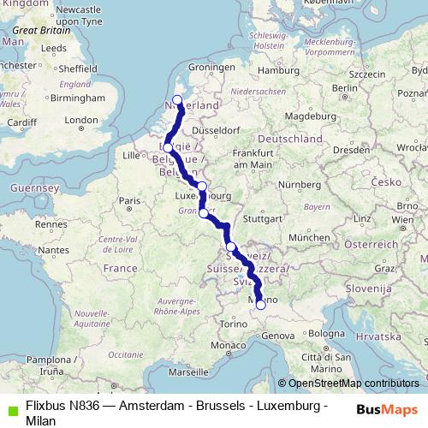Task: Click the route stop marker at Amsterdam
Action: pos(178,100)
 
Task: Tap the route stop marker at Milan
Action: pos(260,304)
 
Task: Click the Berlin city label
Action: pos(343,87)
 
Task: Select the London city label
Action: pos(82,120)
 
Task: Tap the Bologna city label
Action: pos(326,332)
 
